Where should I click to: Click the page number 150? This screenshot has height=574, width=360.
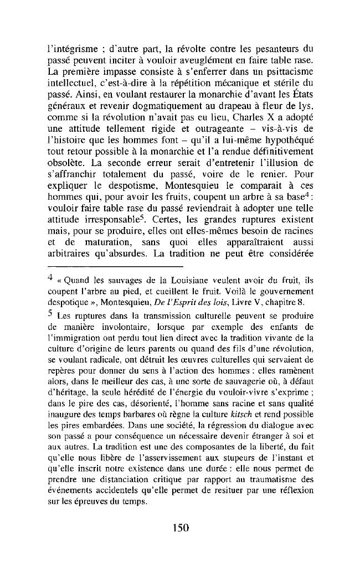click(x=180, y=528)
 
